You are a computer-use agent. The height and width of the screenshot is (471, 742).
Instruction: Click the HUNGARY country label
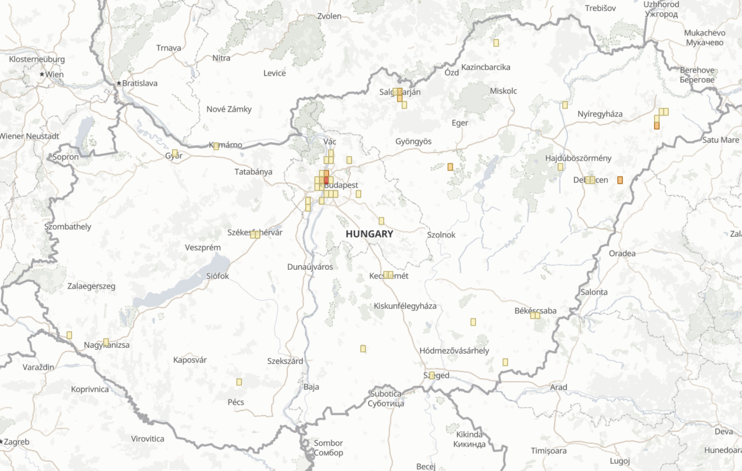[x=369, y=234]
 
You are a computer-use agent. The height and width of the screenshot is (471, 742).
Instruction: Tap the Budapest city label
[x=341, y=185]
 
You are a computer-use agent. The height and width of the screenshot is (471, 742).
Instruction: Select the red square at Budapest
[x=326, y=180]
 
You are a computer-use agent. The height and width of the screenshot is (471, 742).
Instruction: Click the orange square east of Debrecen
[x=620, y=180]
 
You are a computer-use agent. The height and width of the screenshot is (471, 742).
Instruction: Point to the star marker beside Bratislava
[x=119, y=83]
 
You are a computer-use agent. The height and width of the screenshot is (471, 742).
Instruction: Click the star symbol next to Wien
[x=42, y=74]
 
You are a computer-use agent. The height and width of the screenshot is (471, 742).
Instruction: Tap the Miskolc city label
[x=503, y=91]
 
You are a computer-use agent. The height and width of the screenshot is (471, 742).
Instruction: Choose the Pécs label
[x=236, y=402]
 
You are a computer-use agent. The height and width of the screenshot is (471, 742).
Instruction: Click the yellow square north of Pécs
[x=239, y=382]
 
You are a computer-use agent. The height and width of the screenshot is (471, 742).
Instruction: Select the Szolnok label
[x=441, y=235]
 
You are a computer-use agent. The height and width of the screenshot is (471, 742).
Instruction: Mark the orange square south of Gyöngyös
[x=450, y=167]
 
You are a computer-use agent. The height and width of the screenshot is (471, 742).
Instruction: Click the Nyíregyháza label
[x=600, y=114]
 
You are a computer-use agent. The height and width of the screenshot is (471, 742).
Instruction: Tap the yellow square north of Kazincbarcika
[x=496, y=43]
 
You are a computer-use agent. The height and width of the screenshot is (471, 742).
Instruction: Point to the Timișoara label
[x=548, y=451]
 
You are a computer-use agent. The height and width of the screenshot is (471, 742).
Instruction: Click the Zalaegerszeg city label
[x=91, y=286]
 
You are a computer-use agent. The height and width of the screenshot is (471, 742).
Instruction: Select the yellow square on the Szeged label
[x=432, y=375]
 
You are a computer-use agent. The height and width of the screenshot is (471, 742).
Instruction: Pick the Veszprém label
[x=203, y=247]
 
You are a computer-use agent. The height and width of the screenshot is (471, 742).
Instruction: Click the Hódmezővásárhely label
[x=454, y=350]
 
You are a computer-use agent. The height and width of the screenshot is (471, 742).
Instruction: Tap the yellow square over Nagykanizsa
[x=106, y=342]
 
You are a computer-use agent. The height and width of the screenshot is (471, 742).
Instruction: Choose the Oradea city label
[x=622, y=253]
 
